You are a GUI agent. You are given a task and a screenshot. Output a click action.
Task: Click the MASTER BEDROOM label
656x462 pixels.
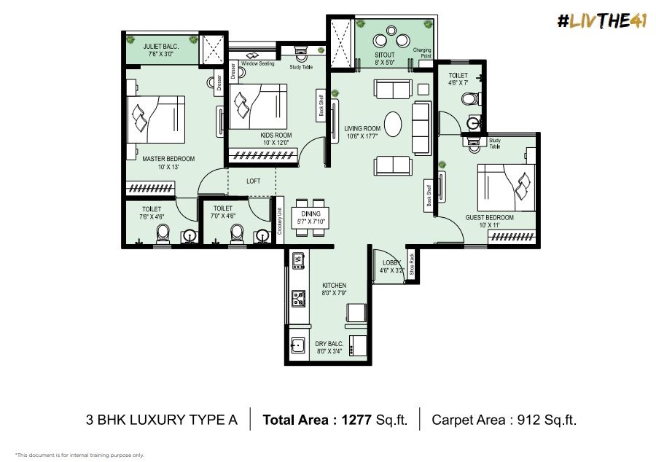pos(168,159)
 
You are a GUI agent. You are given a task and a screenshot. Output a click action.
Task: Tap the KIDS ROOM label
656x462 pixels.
pos(276,136)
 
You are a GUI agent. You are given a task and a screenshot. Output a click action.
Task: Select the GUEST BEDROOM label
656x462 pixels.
pos(490,217)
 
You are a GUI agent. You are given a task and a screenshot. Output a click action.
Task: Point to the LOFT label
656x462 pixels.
pos(253,181)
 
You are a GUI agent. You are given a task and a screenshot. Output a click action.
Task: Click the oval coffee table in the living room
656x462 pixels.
pos(393,124)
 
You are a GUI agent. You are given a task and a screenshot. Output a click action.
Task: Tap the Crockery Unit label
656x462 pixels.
pos(280,221)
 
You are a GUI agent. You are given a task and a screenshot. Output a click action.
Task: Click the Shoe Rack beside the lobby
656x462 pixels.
pos(412,265)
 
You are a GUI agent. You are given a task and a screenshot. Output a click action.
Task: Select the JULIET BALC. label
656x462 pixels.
pos(161,47)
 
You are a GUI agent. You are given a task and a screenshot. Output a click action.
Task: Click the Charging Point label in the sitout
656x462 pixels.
pos(422,52)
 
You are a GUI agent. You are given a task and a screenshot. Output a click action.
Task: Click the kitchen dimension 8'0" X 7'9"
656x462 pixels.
pos(335,293)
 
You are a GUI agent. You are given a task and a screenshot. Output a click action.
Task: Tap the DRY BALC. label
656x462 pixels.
pos(329,344)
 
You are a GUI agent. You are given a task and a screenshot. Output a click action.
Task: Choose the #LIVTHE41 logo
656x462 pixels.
pos(602,21)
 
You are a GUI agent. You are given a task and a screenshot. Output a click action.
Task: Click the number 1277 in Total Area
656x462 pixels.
pos(356,419)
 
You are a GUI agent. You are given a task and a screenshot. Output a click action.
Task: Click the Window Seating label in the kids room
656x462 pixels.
pos(258,63)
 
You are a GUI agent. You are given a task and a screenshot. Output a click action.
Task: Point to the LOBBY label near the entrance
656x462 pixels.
pos(391,262)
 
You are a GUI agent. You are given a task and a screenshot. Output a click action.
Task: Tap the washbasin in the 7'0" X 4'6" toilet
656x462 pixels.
pos(262,235)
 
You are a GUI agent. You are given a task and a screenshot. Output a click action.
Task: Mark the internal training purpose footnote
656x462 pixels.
pos(79,455)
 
